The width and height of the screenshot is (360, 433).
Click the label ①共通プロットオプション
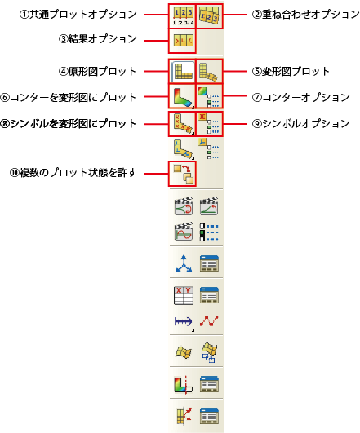pyautogui.click(x=78, y=15)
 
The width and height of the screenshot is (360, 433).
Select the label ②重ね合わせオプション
pyautogui.click(x=306, y=15)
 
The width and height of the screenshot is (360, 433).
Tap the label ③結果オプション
pyautogui.click(x=98, y=38)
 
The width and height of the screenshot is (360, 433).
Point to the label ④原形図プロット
pyautogui.click(x=97, y=71)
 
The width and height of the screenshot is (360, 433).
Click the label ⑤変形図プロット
pyautogui.click(x=291, y=71)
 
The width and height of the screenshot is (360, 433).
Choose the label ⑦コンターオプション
pyautogui.click(x=301, y=97)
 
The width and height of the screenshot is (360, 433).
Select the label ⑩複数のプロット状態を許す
pyautogui.click(x=73, y=173)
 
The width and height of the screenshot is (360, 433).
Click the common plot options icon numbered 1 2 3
pyautogui.click(x=183, y=16)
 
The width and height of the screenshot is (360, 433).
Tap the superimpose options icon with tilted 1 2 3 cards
pyautogui.click(x=209, y=15)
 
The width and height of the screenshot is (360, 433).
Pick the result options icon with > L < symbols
pyautogui.click(x=183, y=41)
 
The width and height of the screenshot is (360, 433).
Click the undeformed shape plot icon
pyautogui.click(x=183, y=71)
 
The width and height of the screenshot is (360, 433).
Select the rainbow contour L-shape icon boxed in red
pyautogui.click(x=183, y=97)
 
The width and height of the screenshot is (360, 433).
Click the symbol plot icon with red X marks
pyautogui.click(x=183, y=123)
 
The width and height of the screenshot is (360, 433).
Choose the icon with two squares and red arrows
pyautogui.click(x=183, y=174)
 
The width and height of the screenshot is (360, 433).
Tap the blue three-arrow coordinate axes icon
pyautogui.click(x=184, y=264)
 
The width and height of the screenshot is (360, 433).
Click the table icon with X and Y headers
pyautogui.click(x=184, y=295)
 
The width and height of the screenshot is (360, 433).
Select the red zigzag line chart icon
pyautogui.click(x=209, y=320)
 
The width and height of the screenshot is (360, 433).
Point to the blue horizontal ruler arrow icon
pyautogui.click(x=184, y=321)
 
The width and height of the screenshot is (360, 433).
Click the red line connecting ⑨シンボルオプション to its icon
pyautogui.click(x=235, y=123)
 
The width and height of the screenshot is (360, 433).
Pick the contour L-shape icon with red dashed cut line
pyautogui.click(x=183, y=384)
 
